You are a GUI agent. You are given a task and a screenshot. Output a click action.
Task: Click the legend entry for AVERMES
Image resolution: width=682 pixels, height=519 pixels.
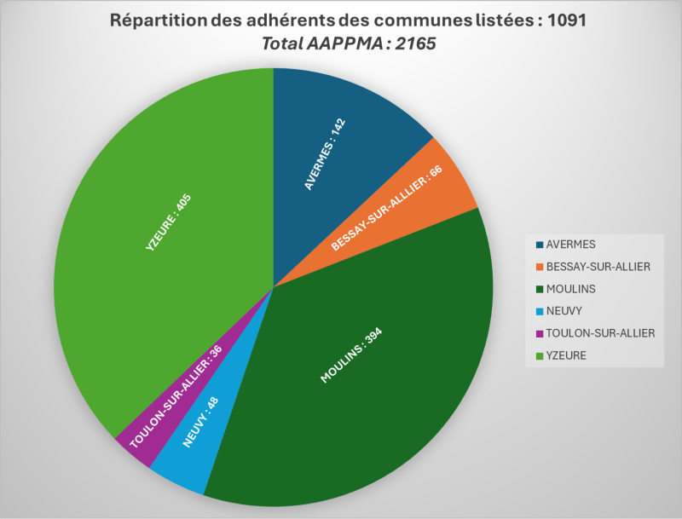(x=572, y=245)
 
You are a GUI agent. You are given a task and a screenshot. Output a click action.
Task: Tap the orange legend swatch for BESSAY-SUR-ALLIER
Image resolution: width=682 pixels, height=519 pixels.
(x=540, y=267)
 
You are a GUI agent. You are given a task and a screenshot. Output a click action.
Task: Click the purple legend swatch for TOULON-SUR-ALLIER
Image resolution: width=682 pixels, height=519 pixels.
(x=540, y=333)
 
